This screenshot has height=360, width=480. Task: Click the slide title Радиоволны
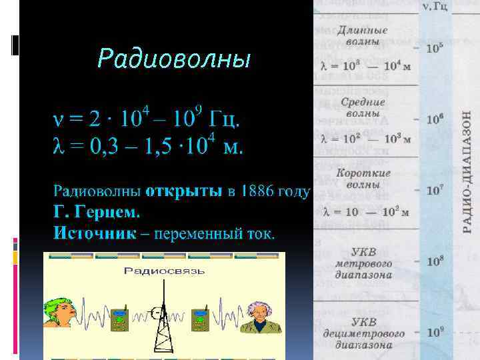point(174,59)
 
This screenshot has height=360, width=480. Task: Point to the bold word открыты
point(184,192)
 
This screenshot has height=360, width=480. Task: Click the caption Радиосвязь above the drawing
point(164,271)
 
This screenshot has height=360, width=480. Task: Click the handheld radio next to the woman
point(119,319)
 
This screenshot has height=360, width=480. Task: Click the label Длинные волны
point(363,35)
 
